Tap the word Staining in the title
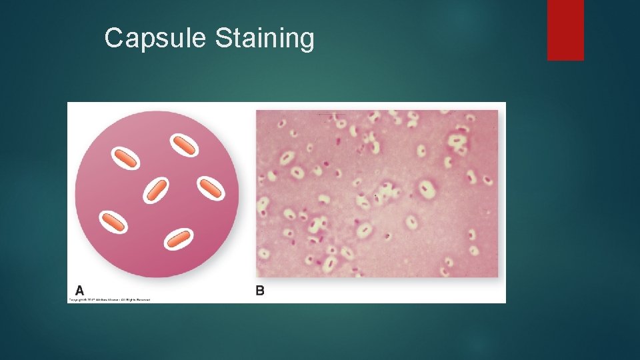(x=264, y=39)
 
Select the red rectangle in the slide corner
(x=565, y=29)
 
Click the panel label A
(x=80, y=291)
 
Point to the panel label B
(x=260, y=291)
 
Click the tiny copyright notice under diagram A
(x=109, y=300)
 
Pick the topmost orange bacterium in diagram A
(x=183, y=145)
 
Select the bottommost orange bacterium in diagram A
(x=178, y=238)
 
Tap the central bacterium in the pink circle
(x=156, y=191)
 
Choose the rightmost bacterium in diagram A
(x=210, y=189)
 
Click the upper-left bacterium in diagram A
(x=125, y=158)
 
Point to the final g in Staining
(x=306, y=41)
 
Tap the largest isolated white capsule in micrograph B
(x=427, y=190)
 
